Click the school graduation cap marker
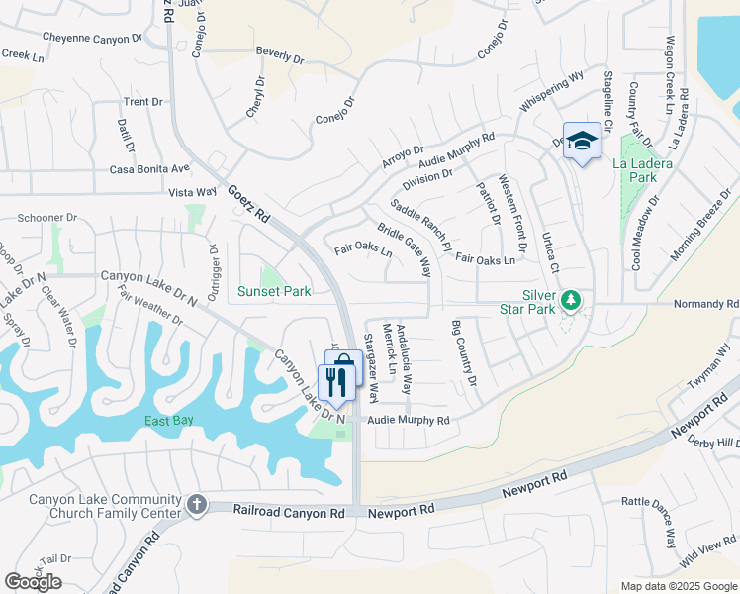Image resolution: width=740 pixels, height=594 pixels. [582, 142]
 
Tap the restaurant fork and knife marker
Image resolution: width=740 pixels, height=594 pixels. [336, 381]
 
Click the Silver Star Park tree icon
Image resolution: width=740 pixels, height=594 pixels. [570, 299]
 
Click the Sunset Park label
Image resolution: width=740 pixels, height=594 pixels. [274, 291]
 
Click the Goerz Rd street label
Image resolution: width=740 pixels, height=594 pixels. [248, 202]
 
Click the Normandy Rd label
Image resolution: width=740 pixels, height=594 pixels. [705, 305]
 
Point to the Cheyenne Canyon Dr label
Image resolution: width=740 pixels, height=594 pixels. [92, 38]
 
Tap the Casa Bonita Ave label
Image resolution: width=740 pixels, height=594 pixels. [149, 169]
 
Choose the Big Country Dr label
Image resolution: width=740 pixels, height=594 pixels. [464, 353]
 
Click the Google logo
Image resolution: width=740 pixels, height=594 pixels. [33, 581]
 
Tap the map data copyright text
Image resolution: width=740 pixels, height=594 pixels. [679, 586]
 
